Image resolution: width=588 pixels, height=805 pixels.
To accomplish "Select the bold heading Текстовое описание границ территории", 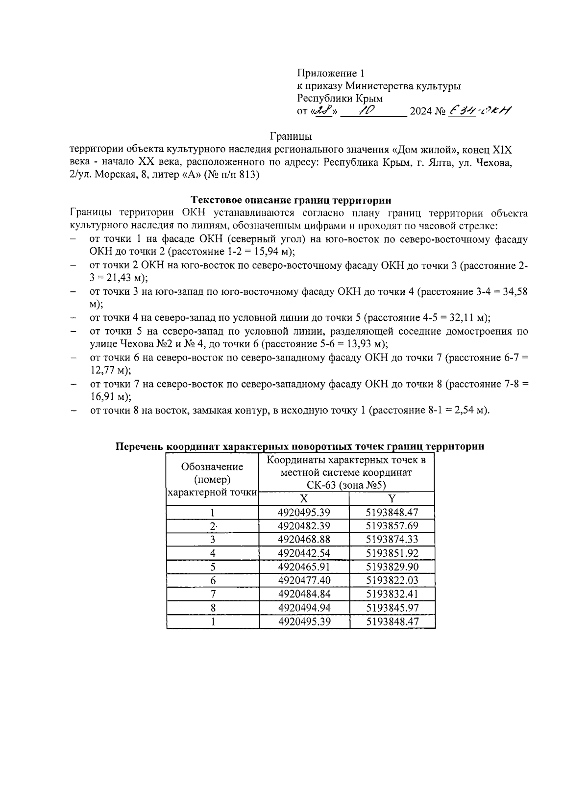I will point(291,200).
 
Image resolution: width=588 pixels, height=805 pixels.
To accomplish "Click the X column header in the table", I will point(304,499).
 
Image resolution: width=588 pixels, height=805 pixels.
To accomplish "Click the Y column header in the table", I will point(392,499).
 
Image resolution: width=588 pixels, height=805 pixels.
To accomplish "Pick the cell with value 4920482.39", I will point(304,526).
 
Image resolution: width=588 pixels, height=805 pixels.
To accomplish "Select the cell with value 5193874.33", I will point(392,540).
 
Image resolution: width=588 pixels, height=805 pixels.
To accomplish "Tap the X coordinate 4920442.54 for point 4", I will point(304,553).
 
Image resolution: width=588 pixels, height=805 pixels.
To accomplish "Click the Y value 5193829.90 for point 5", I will point(392,567).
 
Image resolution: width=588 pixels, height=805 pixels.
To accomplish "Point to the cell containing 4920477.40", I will point(304,580).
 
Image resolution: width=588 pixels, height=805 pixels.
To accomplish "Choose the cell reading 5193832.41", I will point(392,594).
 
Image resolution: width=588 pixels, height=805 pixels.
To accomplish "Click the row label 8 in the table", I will point(212,608).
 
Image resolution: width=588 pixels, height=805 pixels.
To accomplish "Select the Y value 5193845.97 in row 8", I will point(392,608).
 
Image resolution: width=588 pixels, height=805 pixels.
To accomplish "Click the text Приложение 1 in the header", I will point(331,74).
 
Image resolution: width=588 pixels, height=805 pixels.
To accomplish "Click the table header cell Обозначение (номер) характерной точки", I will point(212,479).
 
